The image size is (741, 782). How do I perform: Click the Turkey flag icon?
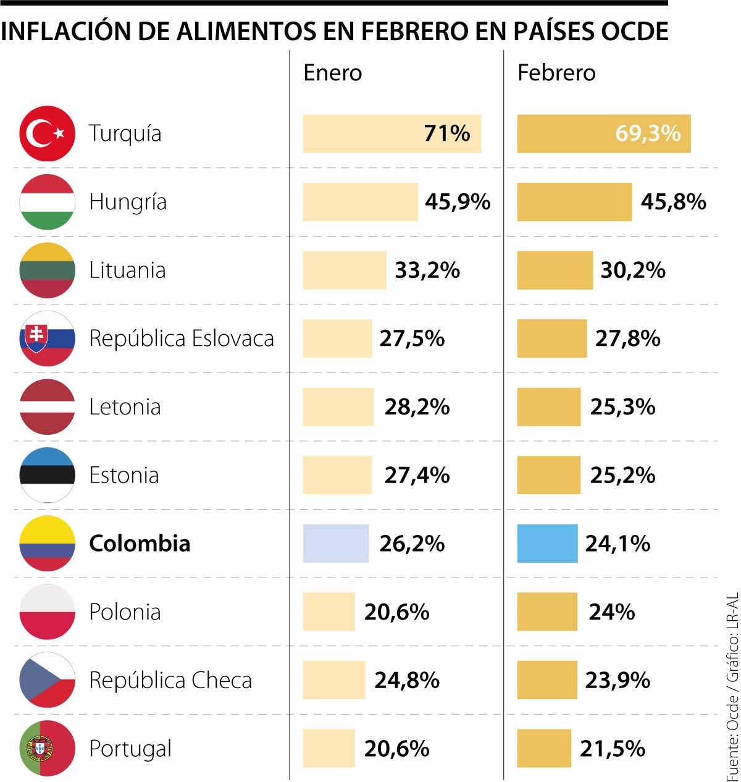pyautogui.click(x=47, y=133)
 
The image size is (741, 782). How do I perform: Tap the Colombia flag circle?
pyautogui.click(x=47, y=544)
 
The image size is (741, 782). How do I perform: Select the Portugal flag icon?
pyautogui.click(x=47, y=748)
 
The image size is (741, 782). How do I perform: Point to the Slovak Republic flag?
pyautogui.click(x=47, y=338)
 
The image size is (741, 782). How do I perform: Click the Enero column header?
pyautogui.click(x=332, y=73)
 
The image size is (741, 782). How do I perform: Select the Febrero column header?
pyautogui.click(x=556, y=73)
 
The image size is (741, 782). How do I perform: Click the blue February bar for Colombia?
pyautogui.click(x=547, y=544)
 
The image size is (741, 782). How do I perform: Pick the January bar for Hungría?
pyautogui.click(x=360, y=202)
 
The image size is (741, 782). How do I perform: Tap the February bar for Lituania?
pyautogui.click(x=555, y=271)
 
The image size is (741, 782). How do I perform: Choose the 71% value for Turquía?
pyautogui.click(x=447, y=133)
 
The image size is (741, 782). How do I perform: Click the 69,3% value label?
pyautogui.click(x=648, y=133)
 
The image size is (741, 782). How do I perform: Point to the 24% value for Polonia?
pyautogui.click(x=611, y=612)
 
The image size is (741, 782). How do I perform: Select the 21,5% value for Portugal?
pyautogui.click(x=612, y=749)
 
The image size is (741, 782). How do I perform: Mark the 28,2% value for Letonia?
pyautogui.click(x=417, y=407)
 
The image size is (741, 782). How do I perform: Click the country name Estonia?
pyautogui.click(x=124, y=476)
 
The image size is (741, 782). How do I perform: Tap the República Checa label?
pyautogui.click(x=170, y=680)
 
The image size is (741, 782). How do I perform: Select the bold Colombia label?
pyautogui.click(x=140, y=544)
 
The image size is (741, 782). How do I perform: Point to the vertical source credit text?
pyautogui.click(x=732, y=686)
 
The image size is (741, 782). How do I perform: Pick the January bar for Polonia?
pyautogui.click(x=329, y=612)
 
